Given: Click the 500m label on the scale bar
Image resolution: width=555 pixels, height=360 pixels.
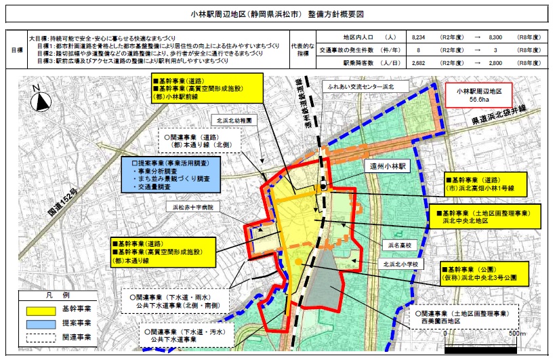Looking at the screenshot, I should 517,333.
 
